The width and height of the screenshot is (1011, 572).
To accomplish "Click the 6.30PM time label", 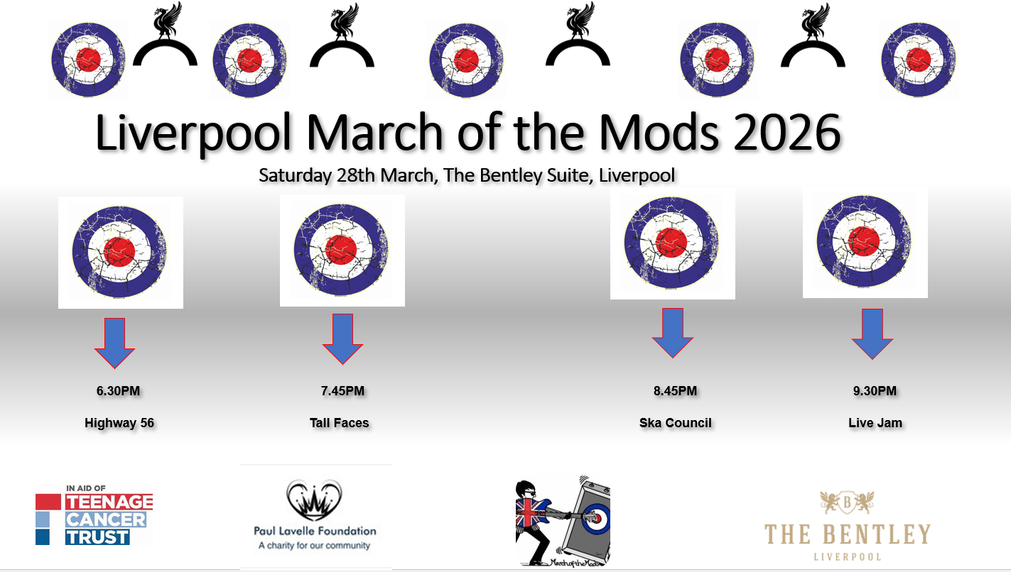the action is point(118,391).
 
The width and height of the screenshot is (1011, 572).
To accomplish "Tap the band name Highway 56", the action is point(119,423).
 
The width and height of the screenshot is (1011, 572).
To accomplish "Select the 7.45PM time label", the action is point(342,391).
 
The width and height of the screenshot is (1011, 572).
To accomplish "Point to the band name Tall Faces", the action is point(340,423).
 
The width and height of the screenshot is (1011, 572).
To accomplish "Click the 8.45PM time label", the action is point(675,391).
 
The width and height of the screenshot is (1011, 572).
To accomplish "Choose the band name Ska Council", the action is point(676,423).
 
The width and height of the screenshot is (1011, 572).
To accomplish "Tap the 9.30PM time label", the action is point(875,391).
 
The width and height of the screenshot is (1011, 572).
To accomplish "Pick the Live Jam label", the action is point(875,423).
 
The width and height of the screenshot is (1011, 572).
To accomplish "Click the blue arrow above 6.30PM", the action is point(114,343).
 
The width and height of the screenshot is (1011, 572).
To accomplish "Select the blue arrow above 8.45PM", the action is point(673,333).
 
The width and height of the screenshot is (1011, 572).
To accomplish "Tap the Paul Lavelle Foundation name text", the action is point(315,531).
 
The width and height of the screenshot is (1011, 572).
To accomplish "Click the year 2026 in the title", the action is point(787,133).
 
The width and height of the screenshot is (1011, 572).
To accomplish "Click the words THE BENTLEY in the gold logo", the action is point(847,534).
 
